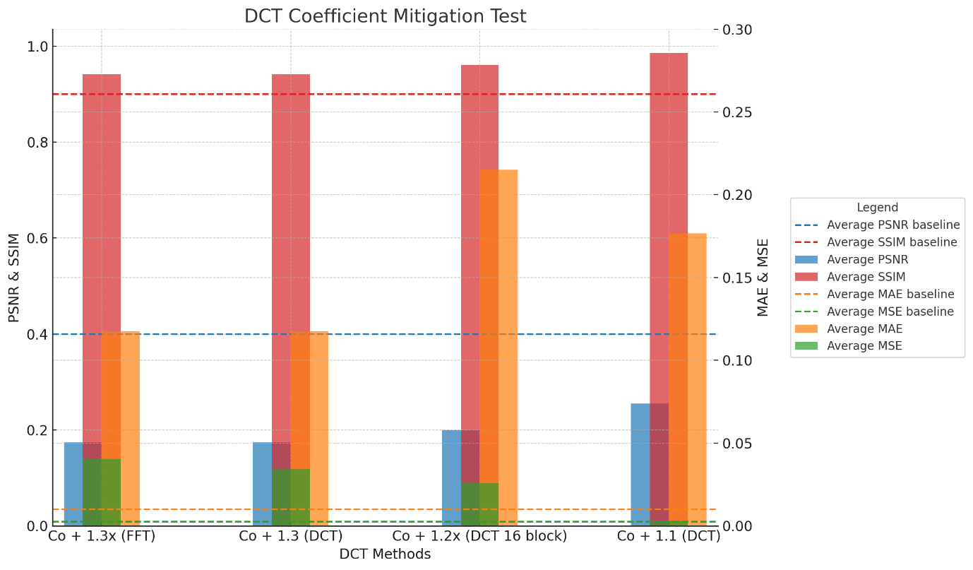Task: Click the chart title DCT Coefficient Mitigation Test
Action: pyautogui.click(x=385, y=16)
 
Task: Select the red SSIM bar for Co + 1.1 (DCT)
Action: pyautogui.click(x=669, y=212)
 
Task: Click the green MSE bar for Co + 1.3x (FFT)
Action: pyautogui.click(x=102, y=492)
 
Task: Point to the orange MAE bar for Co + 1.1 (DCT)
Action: pyautogui.click(x=688, y=374)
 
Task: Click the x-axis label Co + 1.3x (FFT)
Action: pyautogui.click(x=102, y=536)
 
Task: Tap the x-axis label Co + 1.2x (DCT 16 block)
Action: pyautogui.click(x=479, y=536)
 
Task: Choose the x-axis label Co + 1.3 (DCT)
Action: pyautogui.click(x=290, y=536)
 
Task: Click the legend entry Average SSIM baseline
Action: pyautogui.click(x=892, y=242)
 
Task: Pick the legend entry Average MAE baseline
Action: pyautogui.click(x=890, y=295)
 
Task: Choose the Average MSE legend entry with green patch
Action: pyautogui.click(x=864, y=346)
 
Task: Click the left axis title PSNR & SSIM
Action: pyautogui.click(x=14, y=278)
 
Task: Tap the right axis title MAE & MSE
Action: pyautogui.click(x=763, y=278)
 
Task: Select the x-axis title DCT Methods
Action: pyautogui.click(x=385, y=554)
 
